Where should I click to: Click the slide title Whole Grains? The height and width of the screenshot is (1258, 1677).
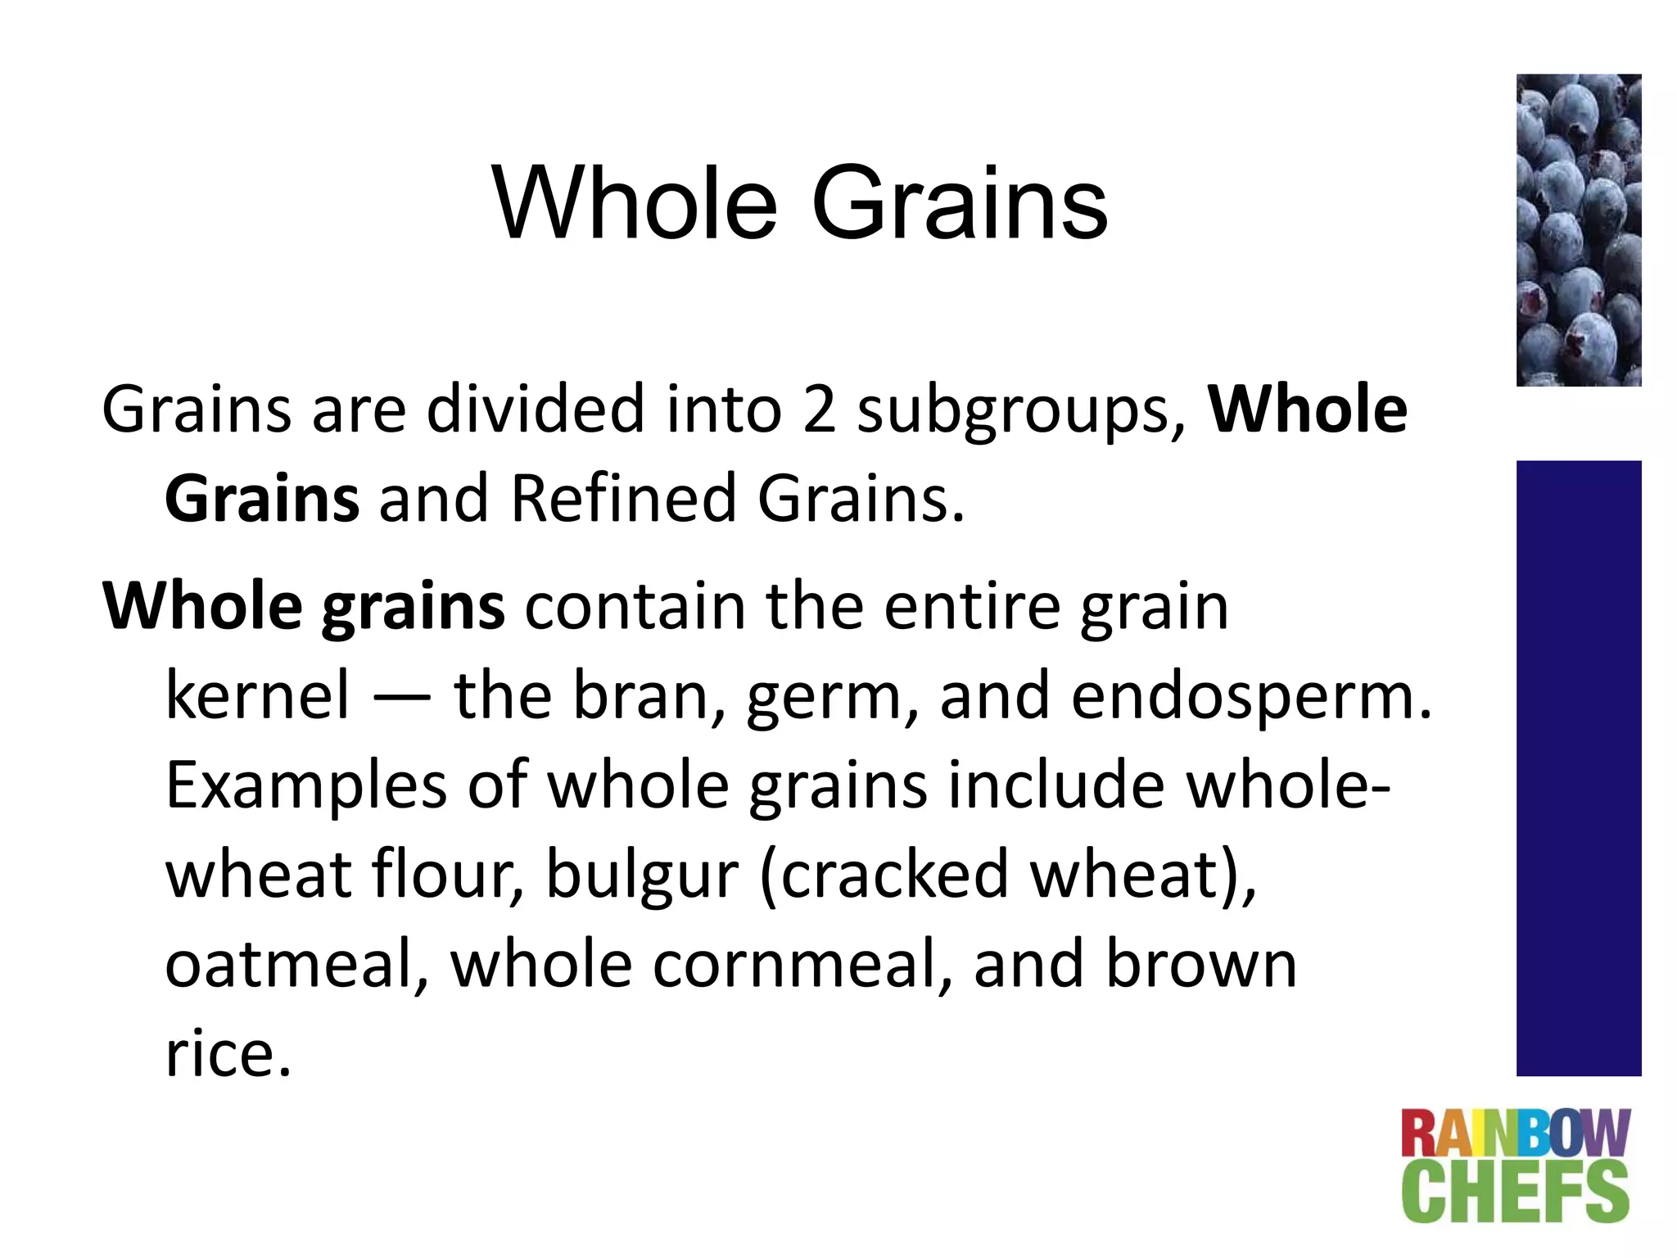[x=799, y=204]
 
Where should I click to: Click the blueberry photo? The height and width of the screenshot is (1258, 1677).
[x=1578, y=230]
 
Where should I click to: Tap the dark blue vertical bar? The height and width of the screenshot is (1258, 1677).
[x=1578, y=767]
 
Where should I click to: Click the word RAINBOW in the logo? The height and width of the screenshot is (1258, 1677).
[x=1515, y=1134]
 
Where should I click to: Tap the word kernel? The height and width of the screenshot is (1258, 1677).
[x=258, y=695]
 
